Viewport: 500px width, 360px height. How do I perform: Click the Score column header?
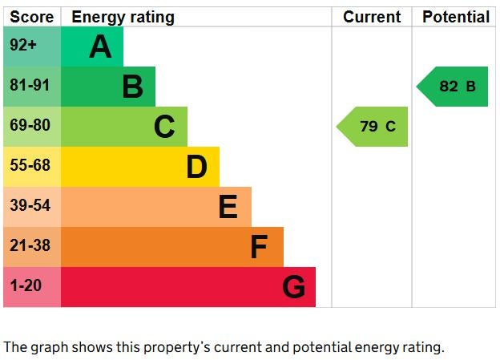coord(32,17)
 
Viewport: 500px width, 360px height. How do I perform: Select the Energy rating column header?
coord(123,17)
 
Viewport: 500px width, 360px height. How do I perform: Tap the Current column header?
coord(372,17)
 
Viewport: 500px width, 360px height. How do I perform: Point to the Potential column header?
coord(456,17)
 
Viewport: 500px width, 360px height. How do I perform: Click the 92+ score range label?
coord(24,47)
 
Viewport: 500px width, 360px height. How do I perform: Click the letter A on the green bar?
coord(100,47)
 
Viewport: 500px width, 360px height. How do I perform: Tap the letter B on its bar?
coord(132,87)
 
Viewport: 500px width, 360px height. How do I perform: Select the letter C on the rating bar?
coord(164,127)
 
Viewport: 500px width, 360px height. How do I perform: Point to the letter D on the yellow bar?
coord(196,167)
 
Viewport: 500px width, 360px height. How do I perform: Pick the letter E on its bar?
coord(228,208)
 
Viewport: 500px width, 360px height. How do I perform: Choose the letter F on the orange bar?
coord(258,247)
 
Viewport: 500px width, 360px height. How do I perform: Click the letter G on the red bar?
coord(293,287)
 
